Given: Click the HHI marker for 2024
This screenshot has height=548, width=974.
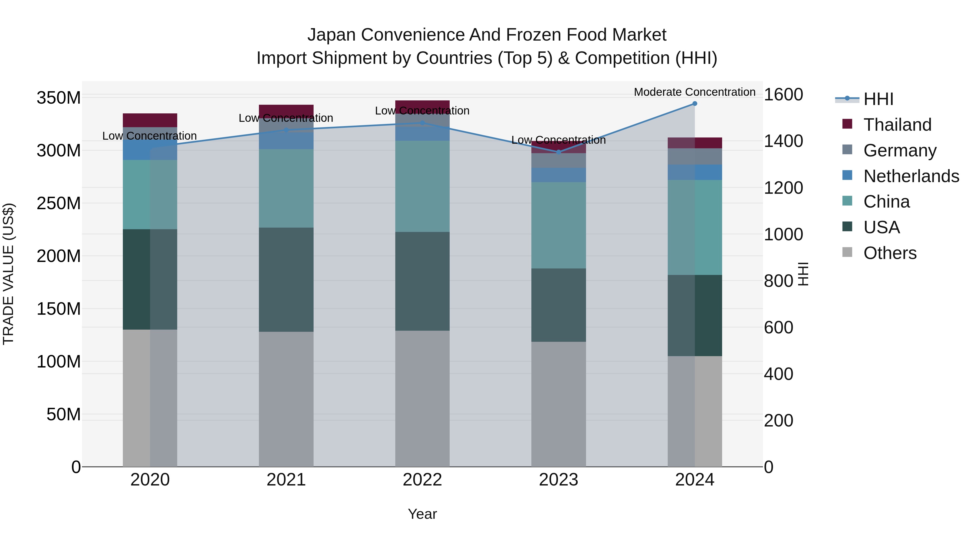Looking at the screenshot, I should point(695,104).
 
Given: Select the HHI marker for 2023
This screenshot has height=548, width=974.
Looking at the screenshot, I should point(558,152).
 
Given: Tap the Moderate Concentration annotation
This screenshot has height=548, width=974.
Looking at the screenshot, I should point(695,92).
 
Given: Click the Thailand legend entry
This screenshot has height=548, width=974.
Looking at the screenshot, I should point(897,124).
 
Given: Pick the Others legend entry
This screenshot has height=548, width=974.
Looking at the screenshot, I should point(890,253).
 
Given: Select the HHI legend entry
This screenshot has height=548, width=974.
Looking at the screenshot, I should point(878,99).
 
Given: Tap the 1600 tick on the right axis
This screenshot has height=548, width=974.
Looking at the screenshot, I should point(783,94).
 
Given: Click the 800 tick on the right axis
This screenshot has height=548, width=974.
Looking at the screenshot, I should point(778,281).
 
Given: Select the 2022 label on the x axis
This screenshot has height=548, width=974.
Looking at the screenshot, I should point(422,480).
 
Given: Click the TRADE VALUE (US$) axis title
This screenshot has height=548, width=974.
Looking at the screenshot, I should point(8,274).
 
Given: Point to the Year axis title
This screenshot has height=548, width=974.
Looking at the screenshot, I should point(422,514).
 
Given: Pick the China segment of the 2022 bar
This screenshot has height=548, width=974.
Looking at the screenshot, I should point(422,186).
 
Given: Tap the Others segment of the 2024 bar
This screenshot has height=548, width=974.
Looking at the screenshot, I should point(695,411).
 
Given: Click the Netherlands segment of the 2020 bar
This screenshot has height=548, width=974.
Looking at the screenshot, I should point(150,150).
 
